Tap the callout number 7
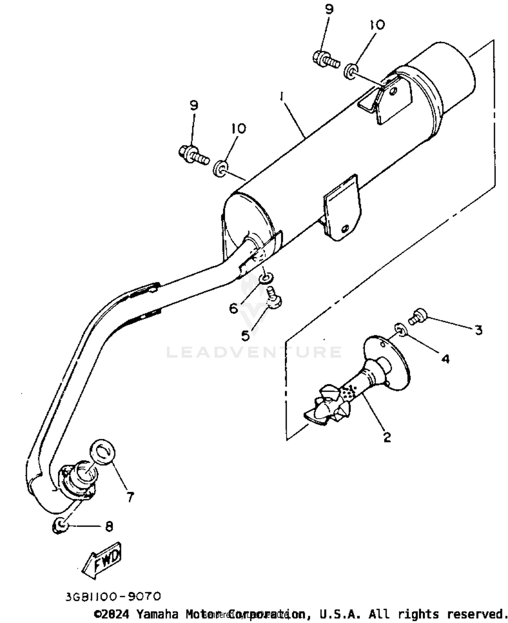tap(130, 497)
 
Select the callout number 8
tap(109, 526)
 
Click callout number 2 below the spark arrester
tap(387, 437)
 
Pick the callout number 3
tap(478, 330)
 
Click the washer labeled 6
tap(266, 278)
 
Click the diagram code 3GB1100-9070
tap(113, 596)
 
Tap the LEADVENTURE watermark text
tap(254, 352)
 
